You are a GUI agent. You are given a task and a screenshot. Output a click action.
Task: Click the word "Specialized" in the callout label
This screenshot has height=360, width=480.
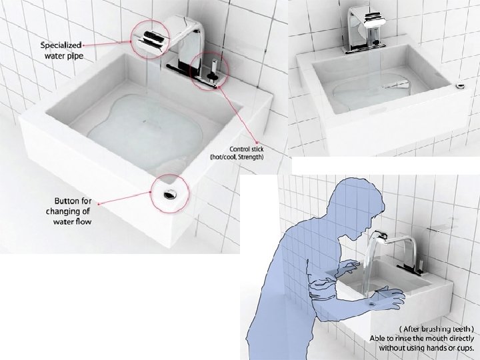[x=61, y=45]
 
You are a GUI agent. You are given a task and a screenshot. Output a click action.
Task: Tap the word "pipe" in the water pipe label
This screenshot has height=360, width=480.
[x=75, y=56]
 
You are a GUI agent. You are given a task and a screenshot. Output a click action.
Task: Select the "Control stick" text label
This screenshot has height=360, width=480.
[x=247, y=149]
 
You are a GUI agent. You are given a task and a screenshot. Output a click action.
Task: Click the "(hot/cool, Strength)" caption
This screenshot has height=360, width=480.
[x=237, y=157]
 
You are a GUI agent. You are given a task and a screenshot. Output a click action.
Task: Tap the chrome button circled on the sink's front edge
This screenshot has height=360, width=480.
[x=169, y=194]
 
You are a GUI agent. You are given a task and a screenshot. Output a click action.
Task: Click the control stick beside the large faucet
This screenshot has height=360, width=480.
[x=213, y=70]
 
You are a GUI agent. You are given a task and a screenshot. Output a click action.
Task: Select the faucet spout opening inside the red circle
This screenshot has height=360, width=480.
[x=151, y=37]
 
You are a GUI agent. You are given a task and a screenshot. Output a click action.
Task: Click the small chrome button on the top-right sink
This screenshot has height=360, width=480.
[x=460, y=86]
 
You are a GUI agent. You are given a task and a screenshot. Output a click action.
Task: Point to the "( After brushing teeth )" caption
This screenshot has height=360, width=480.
[x=436, y=329]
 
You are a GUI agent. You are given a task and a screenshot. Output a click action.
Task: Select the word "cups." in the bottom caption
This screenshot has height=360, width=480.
[x=464, y=348]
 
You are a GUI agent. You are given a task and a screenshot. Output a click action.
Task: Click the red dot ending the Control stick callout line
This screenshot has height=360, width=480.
[x=257, y=143]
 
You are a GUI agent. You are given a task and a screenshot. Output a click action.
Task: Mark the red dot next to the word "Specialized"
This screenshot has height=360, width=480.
[x=83, y=45]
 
